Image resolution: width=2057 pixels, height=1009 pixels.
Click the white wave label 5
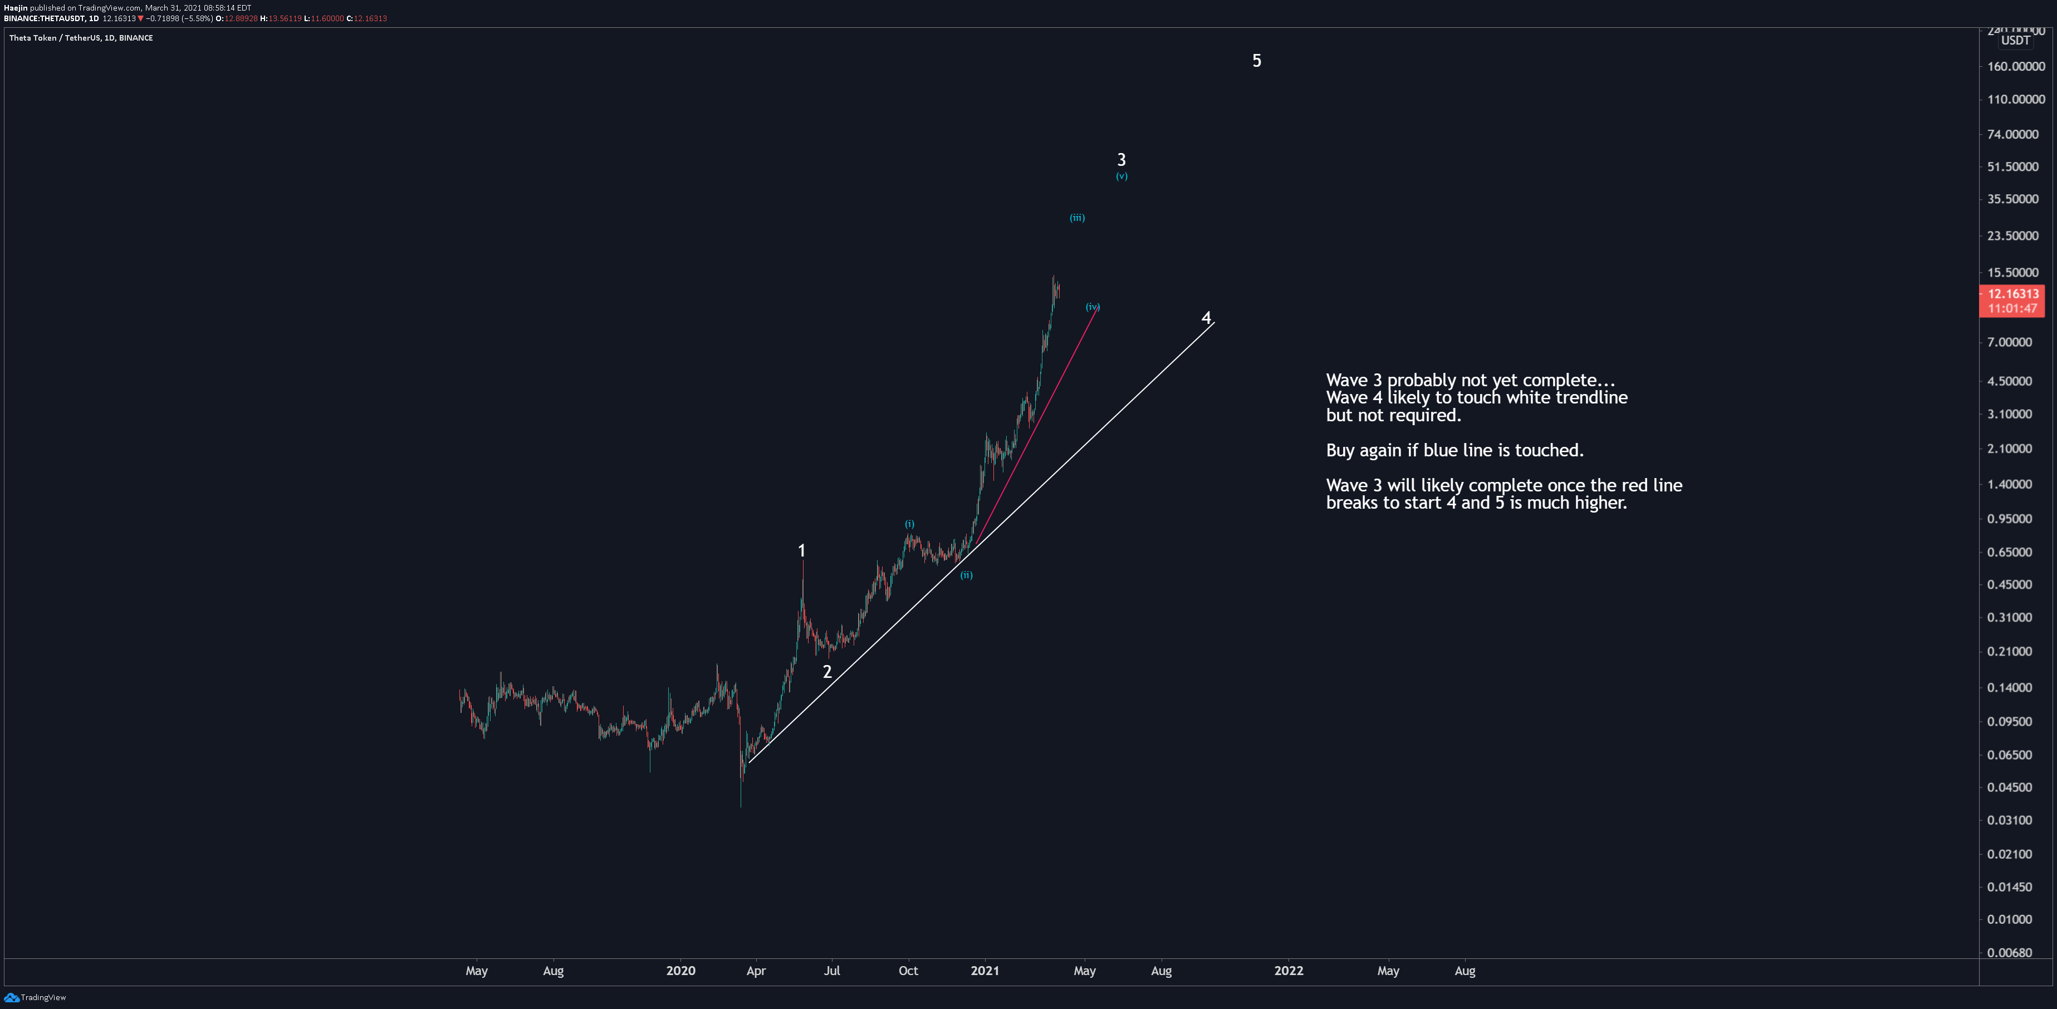coord(1256,61)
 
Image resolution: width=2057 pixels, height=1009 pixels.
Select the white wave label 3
coord(1121,160)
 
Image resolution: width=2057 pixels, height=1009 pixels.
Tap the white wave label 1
coord(802,551)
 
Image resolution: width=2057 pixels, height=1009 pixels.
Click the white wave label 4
coord(1206,318)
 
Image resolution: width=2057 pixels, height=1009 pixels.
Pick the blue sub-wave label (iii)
coord(1077,217)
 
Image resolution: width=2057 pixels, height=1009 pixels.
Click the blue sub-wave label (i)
coord(909,524)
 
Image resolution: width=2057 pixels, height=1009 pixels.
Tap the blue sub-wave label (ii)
coord(966,575)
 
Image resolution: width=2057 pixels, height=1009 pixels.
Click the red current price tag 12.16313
coord(2012,294)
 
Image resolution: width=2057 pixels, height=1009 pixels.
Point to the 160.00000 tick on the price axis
coord(2015,67)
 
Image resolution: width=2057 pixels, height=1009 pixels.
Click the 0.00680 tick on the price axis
coord(2009,952)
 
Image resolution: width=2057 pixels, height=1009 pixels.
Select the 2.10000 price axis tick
coord(2009,449)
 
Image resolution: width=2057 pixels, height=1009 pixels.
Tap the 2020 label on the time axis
coord(680,971)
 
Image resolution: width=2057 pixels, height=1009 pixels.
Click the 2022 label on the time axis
coord(1288,971)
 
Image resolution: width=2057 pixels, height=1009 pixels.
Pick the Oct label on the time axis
coord(908,971)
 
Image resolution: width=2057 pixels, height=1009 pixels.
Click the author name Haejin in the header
coord(15,8)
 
